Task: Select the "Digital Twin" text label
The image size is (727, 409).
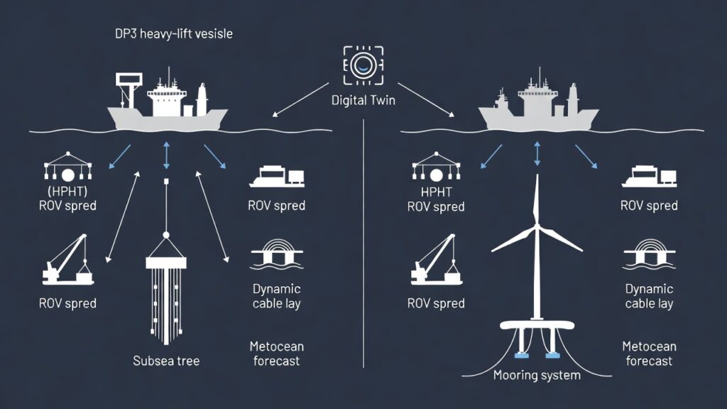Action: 363,100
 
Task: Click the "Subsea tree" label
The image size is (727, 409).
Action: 166,361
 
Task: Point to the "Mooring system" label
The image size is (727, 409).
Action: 536,375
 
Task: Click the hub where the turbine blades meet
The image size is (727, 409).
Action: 536,228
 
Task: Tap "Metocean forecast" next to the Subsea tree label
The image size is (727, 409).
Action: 276,353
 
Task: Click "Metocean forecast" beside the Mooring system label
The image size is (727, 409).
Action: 647,353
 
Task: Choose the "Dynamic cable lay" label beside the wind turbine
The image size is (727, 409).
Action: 649,296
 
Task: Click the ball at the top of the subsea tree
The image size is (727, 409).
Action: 165,235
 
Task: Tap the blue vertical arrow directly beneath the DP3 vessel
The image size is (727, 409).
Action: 166,155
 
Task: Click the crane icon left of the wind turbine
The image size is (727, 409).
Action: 436,258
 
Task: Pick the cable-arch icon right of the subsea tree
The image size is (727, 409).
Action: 276,258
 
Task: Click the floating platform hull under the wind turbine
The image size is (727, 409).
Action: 536,328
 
